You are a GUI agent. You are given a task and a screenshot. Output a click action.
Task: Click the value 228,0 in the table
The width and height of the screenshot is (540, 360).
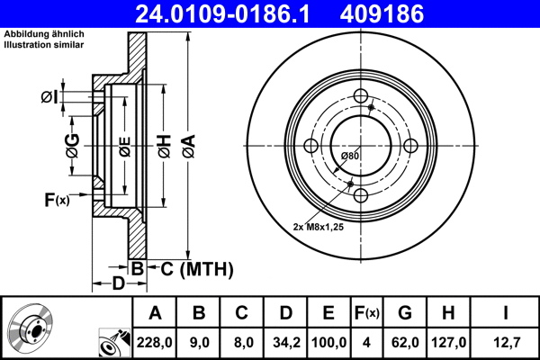(155, 341)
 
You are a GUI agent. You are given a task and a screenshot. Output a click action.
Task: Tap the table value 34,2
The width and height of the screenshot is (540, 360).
(285, 341)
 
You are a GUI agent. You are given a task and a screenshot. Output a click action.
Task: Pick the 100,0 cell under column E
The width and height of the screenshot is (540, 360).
(328, 341)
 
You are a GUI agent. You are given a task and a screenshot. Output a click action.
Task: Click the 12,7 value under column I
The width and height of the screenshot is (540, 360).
(507, 341)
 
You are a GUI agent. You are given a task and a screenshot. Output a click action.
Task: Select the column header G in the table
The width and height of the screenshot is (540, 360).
(406, 313)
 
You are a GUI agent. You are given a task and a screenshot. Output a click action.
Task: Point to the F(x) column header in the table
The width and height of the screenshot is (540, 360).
(368, 313)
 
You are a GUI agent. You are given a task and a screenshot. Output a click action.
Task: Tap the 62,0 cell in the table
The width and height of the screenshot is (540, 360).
(406, 341)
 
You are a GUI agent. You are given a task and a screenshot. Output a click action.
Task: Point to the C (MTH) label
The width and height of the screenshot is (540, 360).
(191, 268)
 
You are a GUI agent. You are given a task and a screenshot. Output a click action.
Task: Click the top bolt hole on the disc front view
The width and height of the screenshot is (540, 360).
(360, 97)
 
